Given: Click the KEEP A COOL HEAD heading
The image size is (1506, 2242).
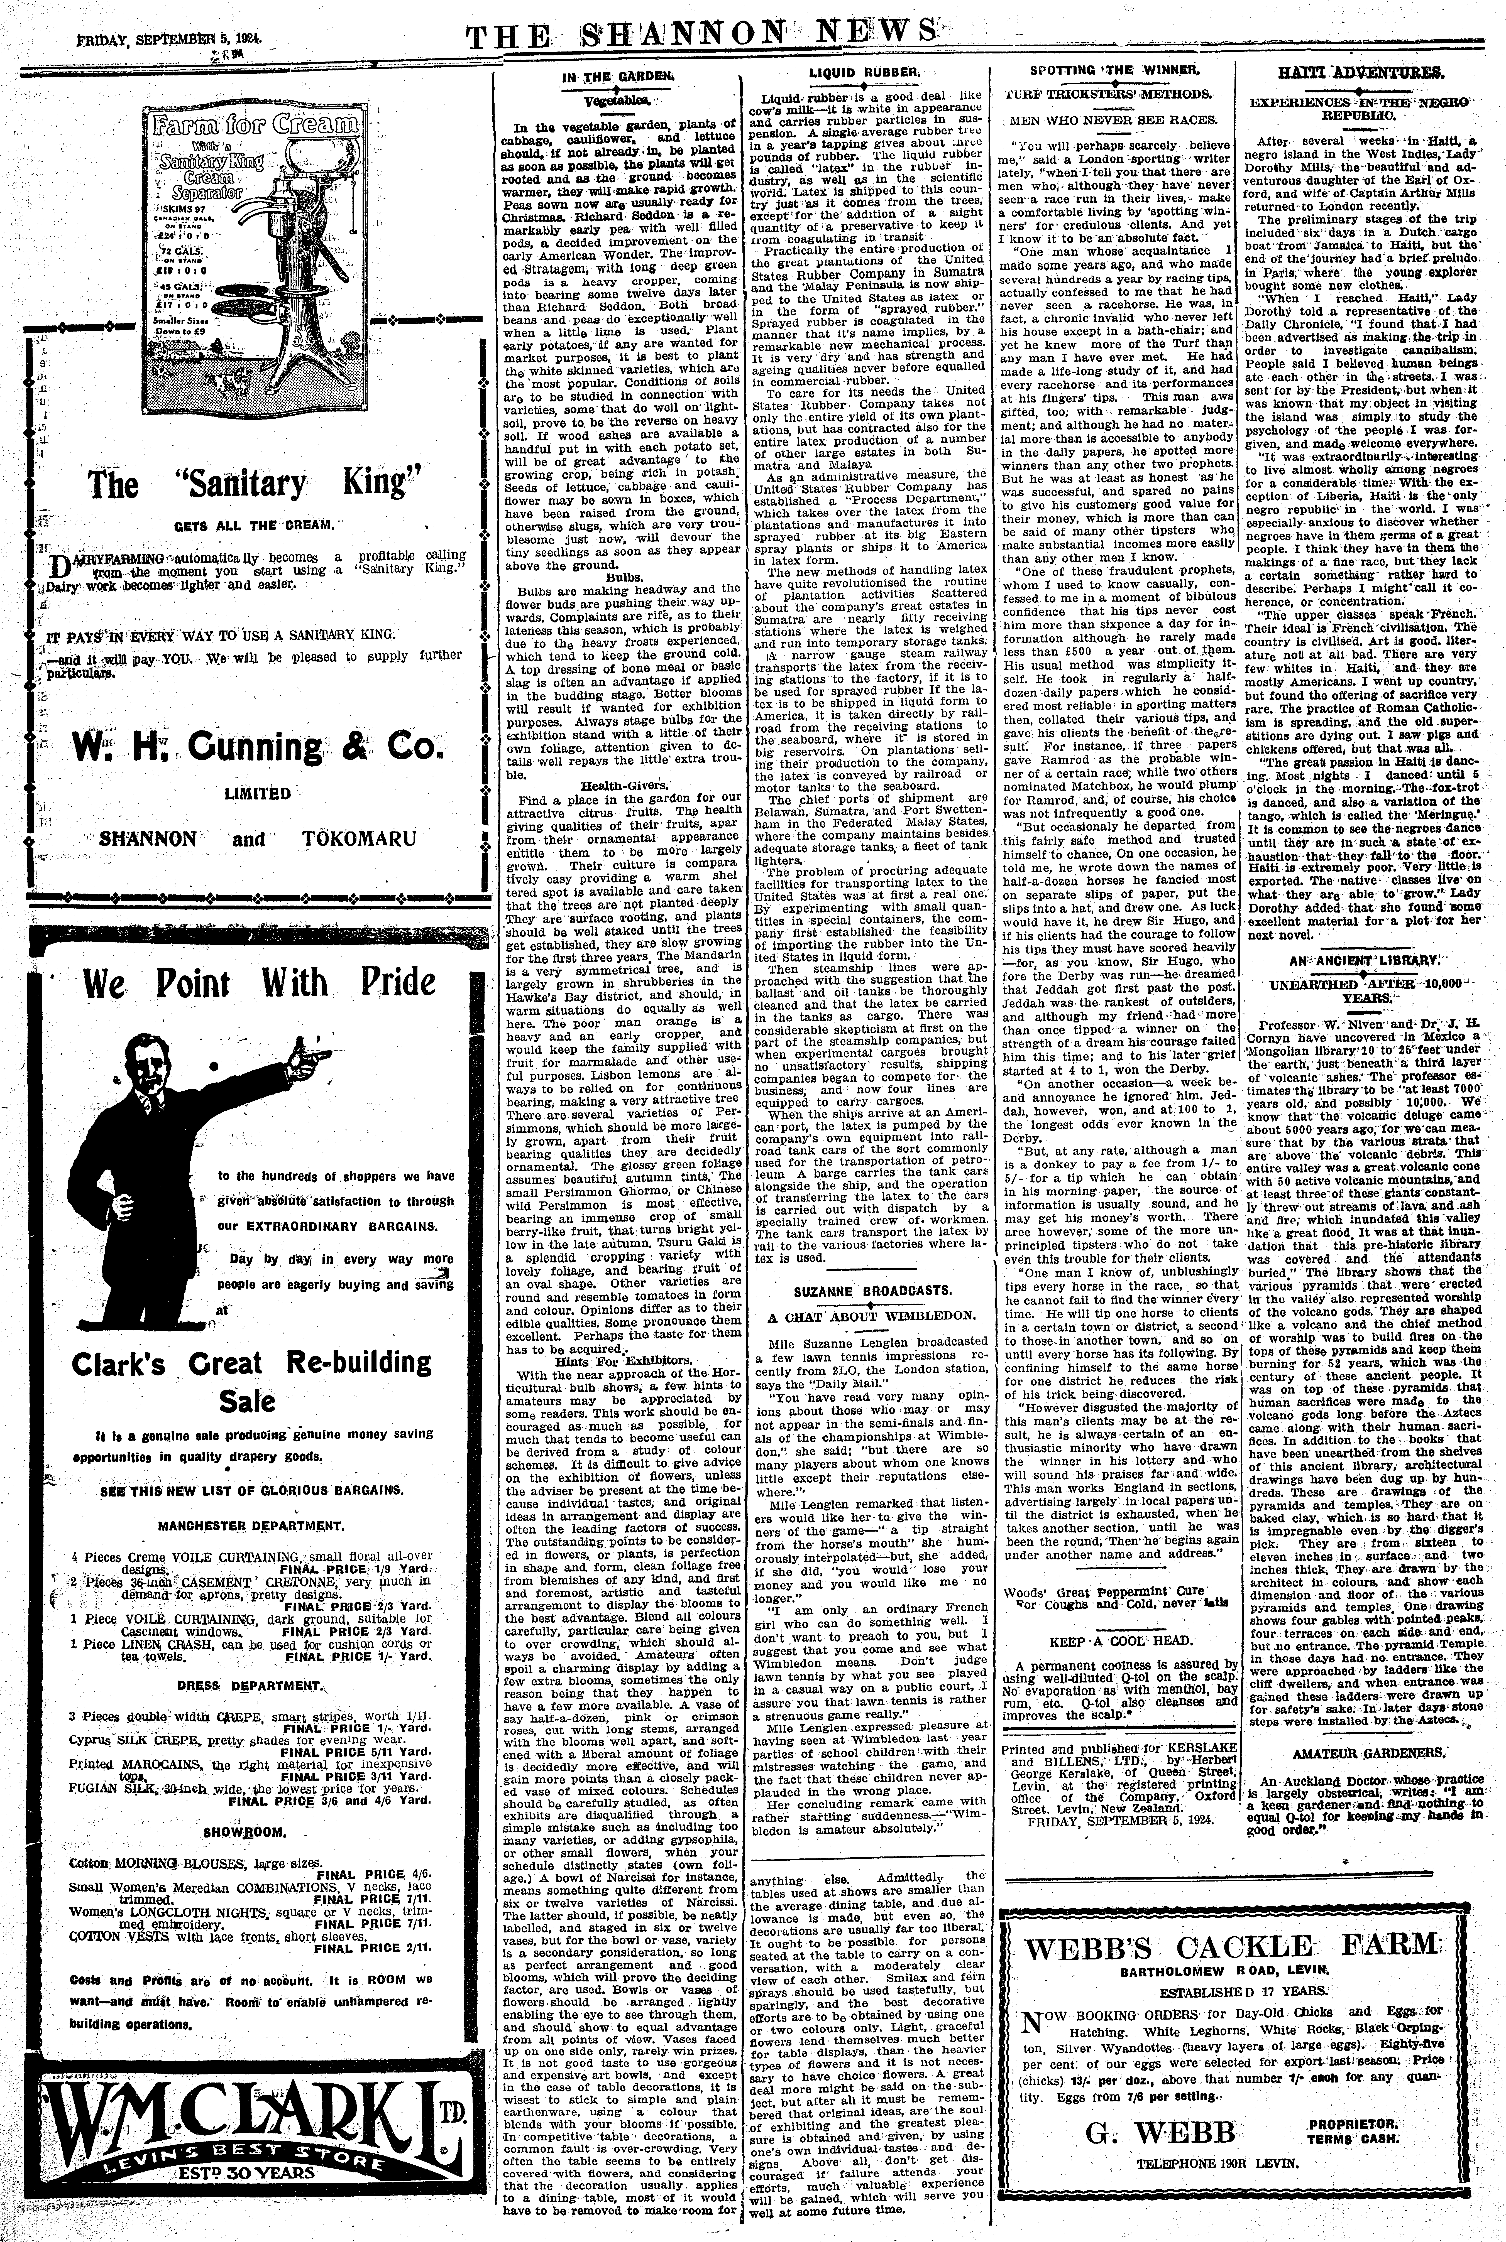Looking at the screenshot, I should point(1106,1640).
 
